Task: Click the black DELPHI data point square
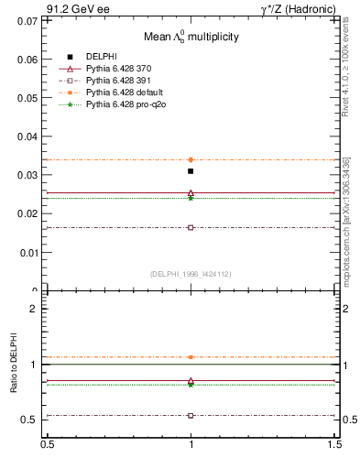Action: tap(191, 171)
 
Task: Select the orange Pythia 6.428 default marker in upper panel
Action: tap(191, 159)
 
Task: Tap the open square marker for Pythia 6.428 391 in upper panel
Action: tap(191, 227)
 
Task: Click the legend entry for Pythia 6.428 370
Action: tap(115, 69)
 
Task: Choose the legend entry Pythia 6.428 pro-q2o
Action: tap(119, 104)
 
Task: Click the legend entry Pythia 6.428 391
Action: tap(115, 81)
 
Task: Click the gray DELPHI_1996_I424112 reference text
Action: tap(191, 274)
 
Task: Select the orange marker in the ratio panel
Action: tap(191, 357)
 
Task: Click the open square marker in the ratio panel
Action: tap(191, 415)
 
